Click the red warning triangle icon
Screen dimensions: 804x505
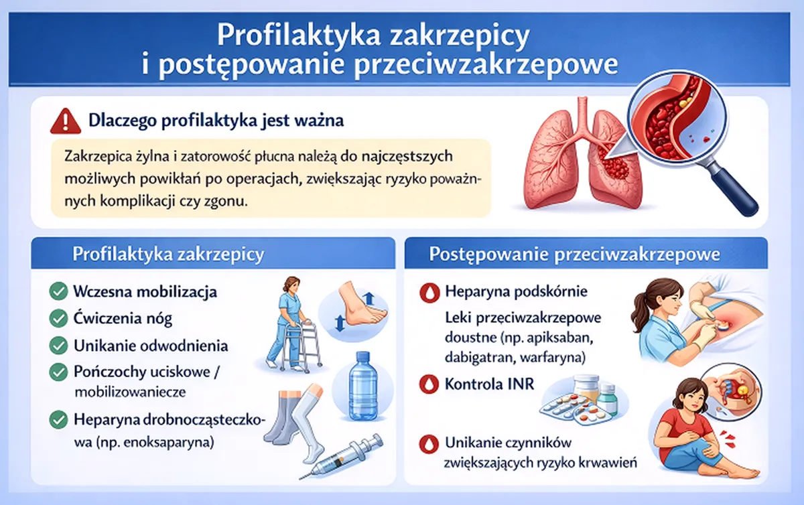(x=66, y=122)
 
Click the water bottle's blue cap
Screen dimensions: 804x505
(x=363, y=357)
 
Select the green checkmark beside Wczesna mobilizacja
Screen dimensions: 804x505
(x=58, y=291)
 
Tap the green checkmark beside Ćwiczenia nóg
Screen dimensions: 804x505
(x=58, y=318)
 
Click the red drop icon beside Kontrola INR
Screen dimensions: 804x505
(x=429, y=384)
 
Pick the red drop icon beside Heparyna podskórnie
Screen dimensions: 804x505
(x=429, y=293)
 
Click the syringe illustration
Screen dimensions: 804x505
(x=341, y=456)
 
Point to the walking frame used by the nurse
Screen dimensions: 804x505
(x=301, y=344)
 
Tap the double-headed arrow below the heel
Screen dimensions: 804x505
(x=339, y=323)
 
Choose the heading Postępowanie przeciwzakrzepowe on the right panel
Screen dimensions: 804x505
(x=574, y=255)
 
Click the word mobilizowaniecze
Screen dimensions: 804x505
(x=130, y=392)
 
